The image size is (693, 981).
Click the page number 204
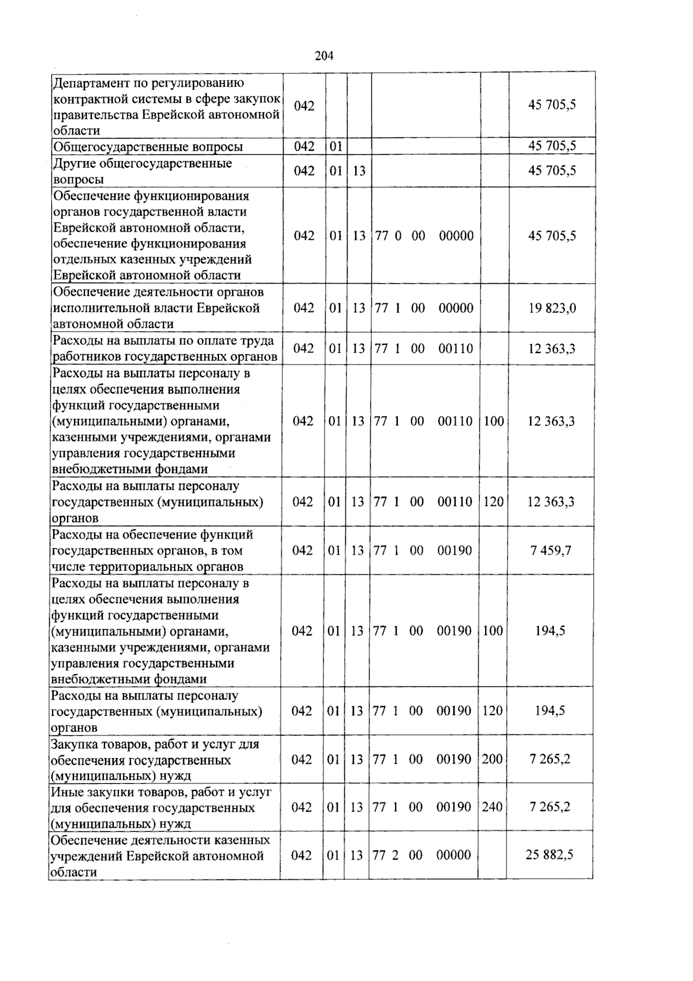tap(324, 56)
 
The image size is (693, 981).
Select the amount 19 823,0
tap(552, 308)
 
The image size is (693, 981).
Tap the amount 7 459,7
tap(551, 551)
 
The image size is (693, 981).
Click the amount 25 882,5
tap(549, 855)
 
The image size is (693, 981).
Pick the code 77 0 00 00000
tap(424, 236)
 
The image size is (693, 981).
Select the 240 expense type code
tap(492, 807)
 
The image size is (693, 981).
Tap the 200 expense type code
tap(492, 759)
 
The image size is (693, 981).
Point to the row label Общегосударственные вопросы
tap(148, 147)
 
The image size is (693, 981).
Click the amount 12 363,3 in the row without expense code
tap(552, 349)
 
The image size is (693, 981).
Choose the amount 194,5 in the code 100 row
tap(550, 631)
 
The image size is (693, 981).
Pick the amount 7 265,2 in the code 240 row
tap(550, 807)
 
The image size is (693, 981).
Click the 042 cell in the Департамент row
tap(304, 106)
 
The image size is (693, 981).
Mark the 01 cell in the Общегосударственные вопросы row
tap(336, 147)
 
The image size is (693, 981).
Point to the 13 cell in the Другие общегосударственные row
tap(359, 171)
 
